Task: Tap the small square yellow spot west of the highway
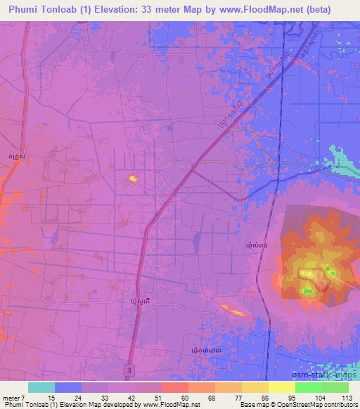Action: (132, 178)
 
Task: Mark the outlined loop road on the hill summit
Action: (315, 278)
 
